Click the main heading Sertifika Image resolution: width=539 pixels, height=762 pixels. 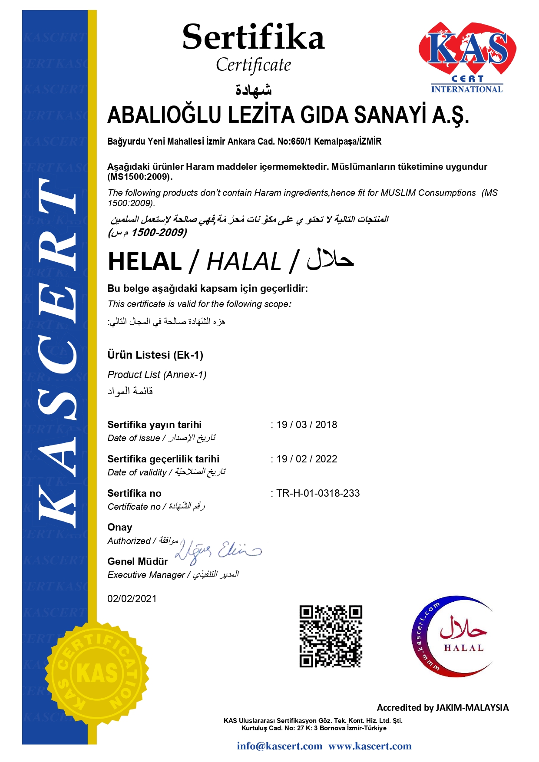click(253, 37)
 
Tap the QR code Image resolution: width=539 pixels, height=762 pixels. click(331, 636)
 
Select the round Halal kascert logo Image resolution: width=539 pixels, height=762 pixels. click(453, 636)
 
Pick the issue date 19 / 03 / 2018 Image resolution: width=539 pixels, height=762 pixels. click(307, 425)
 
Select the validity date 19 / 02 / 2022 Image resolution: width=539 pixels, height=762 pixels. click(307, 459)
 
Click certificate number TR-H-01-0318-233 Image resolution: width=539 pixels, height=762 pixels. click(318, 493)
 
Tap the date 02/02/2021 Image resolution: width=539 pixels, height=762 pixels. click(132, 599)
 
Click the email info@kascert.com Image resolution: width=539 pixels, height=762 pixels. click(280, 746)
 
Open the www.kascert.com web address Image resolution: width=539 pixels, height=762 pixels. click(370, 746)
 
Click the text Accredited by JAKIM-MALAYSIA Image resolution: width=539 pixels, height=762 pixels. click(443, 708)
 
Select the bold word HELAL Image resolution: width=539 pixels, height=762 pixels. click(145, 262)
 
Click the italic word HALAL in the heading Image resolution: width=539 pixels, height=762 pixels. click(244, 262)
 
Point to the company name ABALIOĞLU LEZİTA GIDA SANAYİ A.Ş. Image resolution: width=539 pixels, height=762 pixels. click(288, 115)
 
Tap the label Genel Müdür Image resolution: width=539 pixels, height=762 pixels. click(138, 561)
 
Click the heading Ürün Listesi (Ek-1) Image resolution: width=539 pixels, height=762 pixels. click(155, 355)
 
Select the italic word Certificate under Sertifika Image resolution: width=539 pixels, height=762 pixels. click(253, 65)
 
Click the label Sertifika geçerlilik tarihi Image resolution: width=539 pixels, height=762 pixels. click(163, 459)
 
